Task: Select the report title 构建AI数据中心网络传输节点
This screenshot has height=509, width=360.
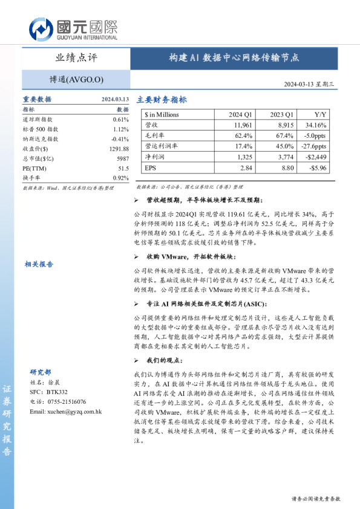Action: pos(234,58)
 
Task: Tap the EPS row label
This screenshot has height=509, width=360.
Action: pos(151,167)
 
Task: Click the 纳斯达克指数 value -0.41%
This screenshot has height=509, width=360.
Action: pos(120,139)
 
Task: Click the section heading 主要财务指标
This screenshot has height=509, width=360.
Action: pos(162,100)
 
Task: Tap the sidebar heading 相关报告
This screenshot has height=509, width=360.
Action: pos(39,264)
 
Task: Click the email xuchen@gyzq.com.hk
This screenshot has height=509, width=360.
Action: pos(65,411)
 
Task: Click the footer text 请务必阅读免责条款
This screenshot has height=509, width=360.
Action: pos(316,499)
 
